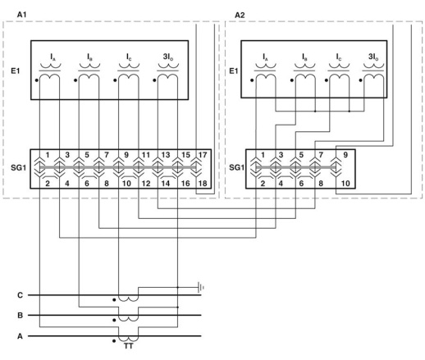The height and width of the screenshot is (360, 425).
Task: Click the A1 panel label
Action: click(21, 15)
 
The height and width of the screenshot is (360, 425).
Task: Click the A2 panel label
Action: click(240, 15)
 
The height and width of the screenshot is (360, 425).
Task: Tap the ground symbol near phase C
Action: click(201, 287)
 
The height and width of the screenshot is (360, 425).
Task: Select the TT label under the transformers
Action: click(128, 346)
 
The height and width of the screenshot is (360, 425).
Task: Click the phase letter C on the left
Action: click(20, 295)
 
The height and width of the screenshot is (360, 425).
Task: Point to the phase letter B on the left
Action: click(20, 315)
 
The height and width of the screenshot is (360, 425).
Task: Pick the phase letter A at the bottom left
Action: click(20, 336)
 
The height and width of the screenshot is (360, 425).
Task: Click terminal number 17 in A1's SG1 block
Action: click(203, 155)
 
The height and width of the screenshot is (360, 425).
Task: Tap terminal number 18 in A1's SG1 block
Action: click(203, 183)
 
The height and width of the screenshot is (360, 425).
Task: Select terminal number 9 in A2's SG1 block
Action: click(345, 155)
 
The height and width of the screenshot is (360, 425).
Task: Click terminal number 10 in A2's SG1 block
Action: click(345, 183)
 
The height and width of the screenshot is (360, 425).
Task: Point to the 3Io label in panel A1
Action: click(168, 57)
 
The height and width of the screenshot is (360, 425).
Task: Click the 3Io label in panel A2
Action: click(373, 57)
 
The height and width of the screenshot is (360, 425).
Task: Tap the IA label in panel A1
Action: click(53, 57)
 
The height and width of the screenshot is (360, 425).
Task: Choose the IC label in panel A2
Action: click(339, 57)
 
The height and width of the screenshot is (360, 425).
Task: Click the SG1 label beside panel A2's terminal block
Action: click(236, 167)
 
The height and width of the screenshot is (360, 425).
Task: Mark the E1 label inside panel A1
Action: click(16, 71)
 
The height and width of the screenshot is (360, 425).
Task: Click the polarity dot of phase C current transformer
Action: click(114, 300)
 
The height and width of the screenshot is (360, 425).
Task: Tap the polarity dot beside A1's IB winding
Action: click(75, 80)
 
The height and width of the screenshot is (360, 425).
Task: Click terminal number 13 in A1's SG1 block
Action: click(166, 155)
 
